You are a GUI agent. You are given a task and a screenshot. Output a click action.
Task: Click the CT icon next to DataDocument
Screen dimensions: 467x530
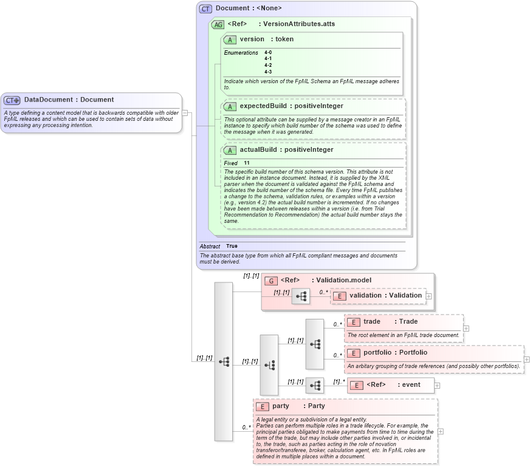pyautogui.click(x=12, y=100)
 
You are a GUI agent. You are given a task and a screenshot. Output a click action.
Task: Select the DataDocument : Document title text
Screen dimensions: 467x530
pyautogui.click(x=69, y=100)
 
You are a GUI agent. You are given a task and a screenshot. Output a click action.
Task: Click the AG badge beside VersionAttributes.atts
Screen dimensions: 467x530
pyautogui.click(x=218, y=24)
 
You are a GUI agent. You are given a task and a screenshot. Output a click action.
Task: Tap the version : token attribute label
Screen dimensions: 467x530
pyautogui.click(x=266, y=39)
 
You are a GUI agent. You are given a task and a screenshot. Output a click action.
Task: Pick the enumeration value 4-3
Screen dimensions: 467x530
pyautogui.click(x=268, y=72)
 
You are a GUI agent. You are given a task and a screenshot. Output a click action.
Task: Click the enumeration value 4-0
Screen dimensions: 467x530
pyautogui.click(x=268, y=53)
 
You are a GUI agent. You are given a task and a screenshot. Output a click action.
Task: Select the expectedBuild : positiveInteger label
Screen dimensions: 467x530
pyautogui.click(x=291, y=106)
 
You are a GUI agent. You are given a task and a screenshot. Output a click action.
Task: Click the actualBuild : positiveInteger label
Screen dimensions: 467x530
pyautogui.click(x=286, y=149)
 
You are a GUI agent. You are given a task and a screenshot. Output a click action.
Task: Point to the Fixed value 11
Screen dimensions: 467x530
pyautogui.click(x=247, y=163)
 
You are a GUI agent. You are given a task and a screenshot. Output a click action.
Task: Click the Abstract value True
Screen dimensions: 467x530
pyautogui.click(x=232, y=246)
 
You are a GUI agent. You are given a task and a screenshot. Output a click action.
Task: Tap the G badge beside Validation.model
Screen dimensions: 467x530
pyautogui.click(x=271, y=281)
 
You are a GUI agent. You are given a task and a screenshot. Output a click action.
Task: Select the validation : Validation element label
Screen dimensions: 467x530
pyautogui.click(x=385, y=295)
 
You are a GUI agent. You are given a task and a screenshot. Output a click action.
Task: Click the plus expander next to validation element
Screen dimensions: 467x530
pyautogui.click(x=429, y=296)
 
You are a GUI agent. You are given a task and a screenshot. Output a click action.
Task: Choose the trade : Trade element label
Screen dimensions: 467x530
pyautogui.click(x=390, y=321)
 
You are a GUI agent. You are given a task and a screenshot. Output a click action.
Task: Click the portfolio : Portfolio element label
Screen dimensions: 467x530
pyautogui.click(x=395, y=352)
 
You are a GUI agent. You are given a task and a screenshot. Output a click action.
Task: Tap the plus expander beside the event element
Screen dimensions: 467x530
pyautogui.click(x=437, y=385)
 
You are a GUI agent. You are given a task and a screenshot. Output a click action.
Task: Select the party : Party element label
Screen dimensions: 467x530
pyautogui.click(x=298, y=406)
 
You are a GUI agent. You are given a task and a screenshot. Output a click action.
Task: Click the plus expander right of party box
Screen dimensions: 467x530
pyautogui.click(x=441, y=431)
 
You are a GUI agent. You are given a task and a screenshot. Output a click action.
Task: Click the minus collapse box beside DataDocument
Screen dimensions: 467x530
pyautogui.click(x=185, y=112)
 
